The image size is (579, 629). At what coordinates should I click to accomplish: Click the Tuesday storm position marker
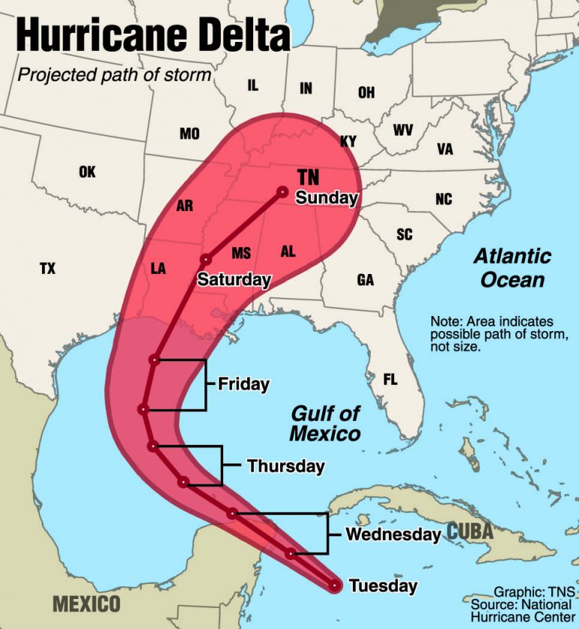[335, 585]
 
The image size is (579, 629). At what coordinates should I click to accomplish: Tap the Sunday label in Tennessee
[327, 198]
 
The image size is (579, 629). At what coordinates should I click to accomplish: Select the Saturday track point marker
[204, 260]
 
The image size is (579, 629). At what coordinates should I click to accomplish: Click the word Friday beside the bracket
[243, 384]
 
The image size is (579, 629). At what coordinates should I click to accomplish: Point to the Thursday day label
[285, 467]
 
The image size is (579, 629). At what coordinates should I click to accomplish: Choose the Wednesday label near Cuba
[392, 535]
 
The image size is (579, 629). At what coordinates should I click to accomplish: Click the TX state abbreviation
[47, 269]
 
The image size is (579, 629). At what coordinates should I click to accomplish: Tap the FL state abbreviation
[390, 380]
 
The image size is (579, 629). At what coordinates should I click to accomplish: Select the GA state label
[366, 280]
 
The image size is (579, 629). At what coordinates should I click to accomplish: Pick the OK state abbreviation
[87, 172]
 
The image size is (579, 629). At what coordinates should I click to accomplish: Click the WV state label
[403, 130]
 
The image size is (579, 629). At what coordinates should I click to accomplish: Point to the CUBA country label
[470, 532]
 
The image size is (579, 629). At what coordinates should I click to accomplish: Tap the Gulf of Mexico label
[325, 423]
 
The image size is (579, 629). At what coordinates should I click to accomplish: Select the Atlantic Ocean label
[512, 268]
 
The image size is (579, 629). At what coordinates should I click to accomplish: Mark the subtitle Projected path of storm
[114, 75]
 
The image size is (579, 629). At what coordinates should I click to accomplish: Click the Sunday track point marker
[283, 191]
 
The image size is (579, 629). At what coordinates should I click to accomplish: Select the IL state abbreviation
[252, 85]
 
